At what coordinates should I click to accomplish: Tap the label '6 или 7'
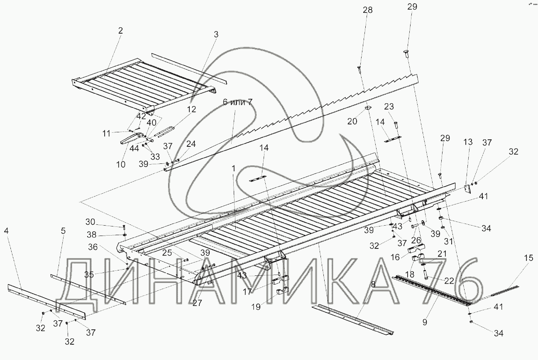coord(237,102)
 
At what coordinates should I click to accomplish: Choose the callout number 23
coord(389,106)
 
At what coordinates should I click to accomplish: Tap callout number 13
coord(468,142)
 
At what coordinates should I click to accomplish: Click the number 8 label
coord(373,284)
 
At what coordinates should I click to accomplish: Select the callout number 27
coord(197,303)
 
